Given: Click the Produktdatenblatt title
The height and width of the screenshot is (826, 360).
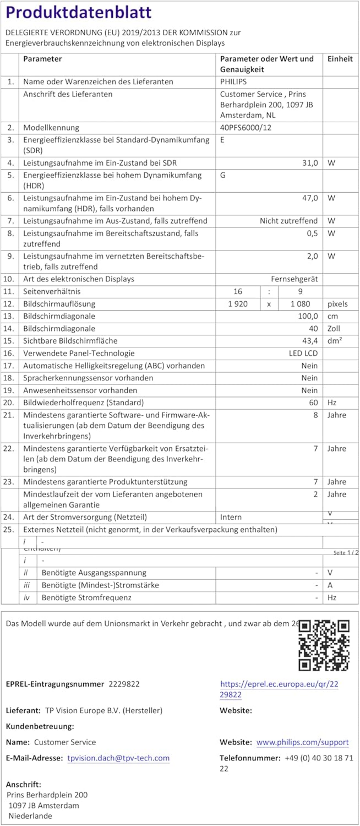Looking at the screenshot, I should (78, 13).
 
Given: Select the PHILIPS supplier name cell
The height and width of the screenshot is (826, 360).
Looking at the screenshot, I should (233, 82).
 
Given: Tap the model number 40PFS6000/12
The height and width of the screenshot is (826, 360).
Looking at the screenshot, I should (246, 128).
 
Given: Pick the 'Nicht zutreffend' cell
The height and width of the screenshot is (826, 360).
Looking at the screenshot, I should (289, 221).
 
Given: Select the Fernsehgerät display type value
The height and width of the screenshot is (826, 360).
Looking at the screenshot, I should (294, 279).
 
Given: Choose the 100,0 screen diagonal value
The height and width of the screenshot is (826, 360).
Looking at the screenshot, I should (308, 316).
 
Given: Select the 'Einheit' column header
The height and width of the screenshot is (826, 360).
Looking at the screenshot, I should (340, 59).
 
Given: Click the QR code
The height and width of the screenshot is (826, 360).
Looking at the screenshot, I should (324, 645).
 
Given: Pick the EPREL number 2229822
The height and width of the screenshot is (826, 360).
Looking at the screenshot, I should (124, 684).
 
